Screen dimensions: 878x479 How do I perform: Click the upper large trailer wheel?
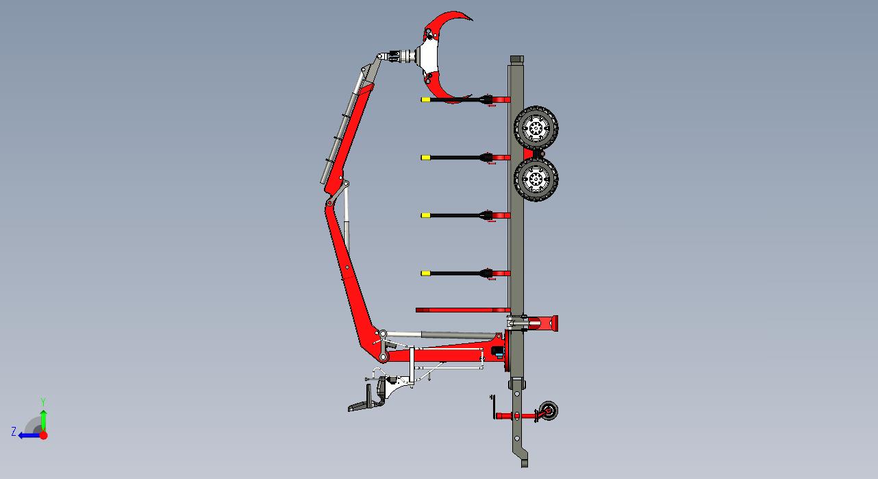(x=536, y=127)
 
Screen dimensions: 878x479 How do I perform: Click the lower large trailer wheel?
(x=536, y=180)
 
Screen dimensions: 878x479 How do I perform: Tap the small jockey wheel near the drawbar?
(x=549, y=410)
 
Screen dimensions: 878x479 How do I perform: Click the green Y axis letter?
(x=43, y=402)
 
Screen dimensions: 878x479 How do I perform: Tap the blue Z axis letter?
(x=14, y=432)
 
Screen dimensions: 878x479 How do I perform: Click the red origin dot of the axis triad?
(x=44, y=435)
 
